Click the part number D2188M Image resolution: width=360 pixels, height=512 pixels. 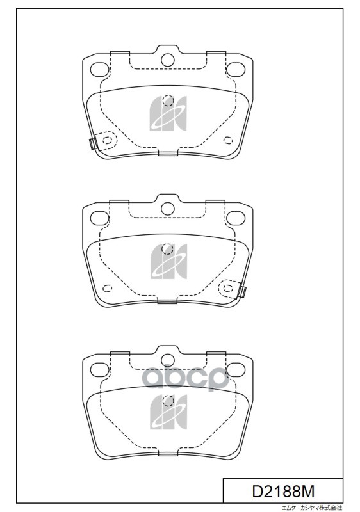283,491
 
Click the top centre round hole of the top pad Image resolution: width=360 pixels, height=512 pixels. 168,60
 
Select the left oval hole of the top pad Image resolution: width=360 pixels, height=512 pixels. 100,69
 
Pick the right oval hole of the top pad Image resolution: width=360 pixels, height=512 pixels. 236,69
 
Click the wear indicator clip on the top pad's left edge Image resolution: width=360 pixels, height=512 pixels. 93,143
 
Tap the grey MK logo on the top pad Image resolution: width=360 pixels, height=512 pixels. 168,113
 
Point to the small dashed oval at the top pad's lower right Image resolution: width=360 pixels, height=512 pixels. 228,140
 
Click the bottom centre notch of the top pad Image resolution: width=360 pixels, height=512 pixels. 168,153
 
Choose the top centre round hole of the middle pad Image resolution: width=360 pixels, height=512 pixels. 168,209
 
